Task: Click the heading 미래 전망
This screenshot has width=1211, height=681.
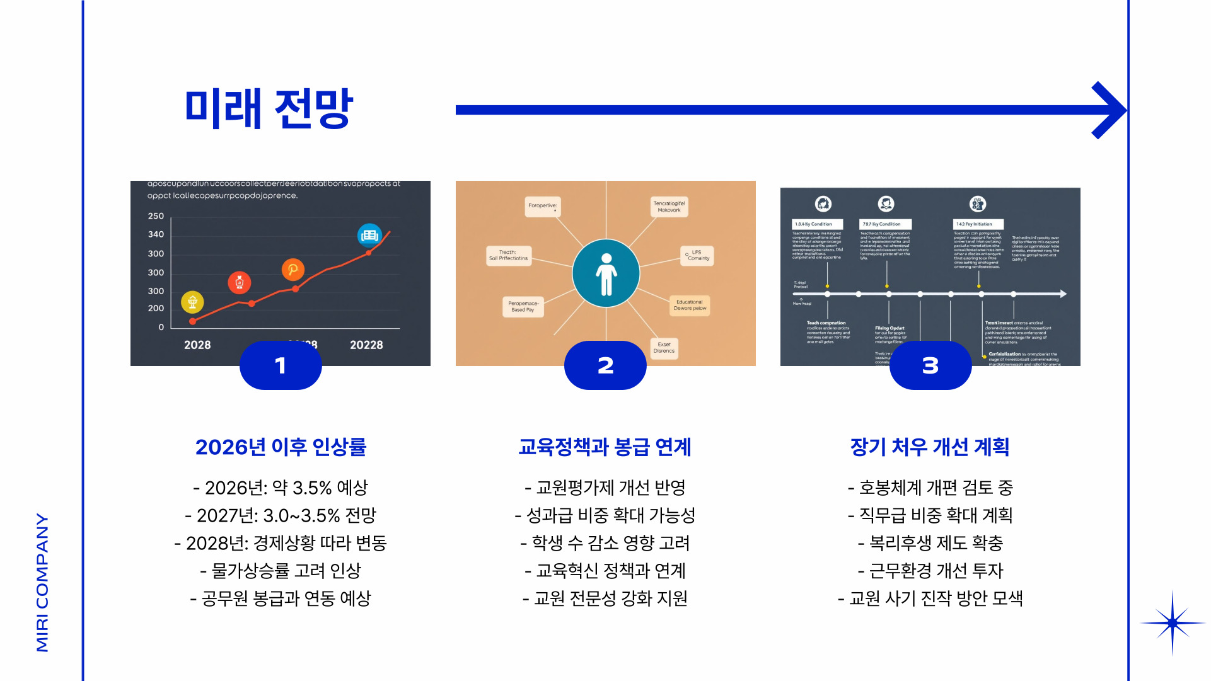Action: [x=269, y=108]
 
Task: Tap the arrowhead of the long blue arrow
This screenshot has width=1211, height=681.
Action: [x=1110, y=110]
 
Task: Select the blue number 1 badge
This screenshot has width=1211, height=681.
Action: [x=281, y=365]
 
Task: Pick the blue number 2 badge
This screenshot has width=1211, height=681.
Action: [x=605, y=365]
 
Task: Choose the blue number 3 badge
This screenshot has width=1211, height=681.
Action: [x=930, y=365]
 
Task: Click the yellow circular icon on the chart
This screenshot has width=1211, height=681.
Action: [x=192, y=302]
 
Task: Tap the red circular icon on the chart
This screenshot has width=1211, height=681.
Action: [x=240, y=282]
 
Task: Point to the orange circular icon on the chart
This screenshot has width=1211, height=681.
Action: [x=293, y=270]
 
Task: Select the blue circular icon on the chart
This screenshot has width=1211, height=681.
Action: [x=369, y=236]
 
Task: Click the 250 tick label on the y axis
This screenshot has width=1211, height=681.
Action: [x=156, y=216]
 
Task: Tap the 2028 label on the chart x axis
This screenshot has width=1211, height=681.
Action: [x=197, y=345]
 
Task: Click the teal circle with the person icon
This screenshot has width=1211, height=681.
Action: [x=606, y=273]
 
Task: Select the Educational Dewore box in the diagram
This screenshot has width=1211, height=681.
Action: [x=690, y=306]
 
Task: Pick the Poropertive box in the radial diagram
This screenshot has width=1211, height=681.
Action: [x=543, y=206]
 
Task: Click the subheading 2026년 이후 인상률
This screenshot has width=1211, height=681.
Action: [x=281, y=447]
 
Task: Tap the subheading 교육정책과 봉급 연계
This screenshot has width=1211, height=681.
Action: [x=605, y=447]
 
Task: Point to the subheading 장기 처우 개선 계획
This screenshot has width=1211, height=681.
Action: [x=930, y=447]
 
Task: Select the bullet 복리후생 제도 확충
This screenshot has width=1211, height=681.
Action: [x=930, y=543]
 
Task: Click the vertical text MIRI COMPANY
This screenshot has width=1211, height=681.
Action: [x=42, y=583]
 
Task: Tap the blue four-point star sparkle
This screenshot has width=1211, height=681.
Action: [x=1172, y=623]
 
